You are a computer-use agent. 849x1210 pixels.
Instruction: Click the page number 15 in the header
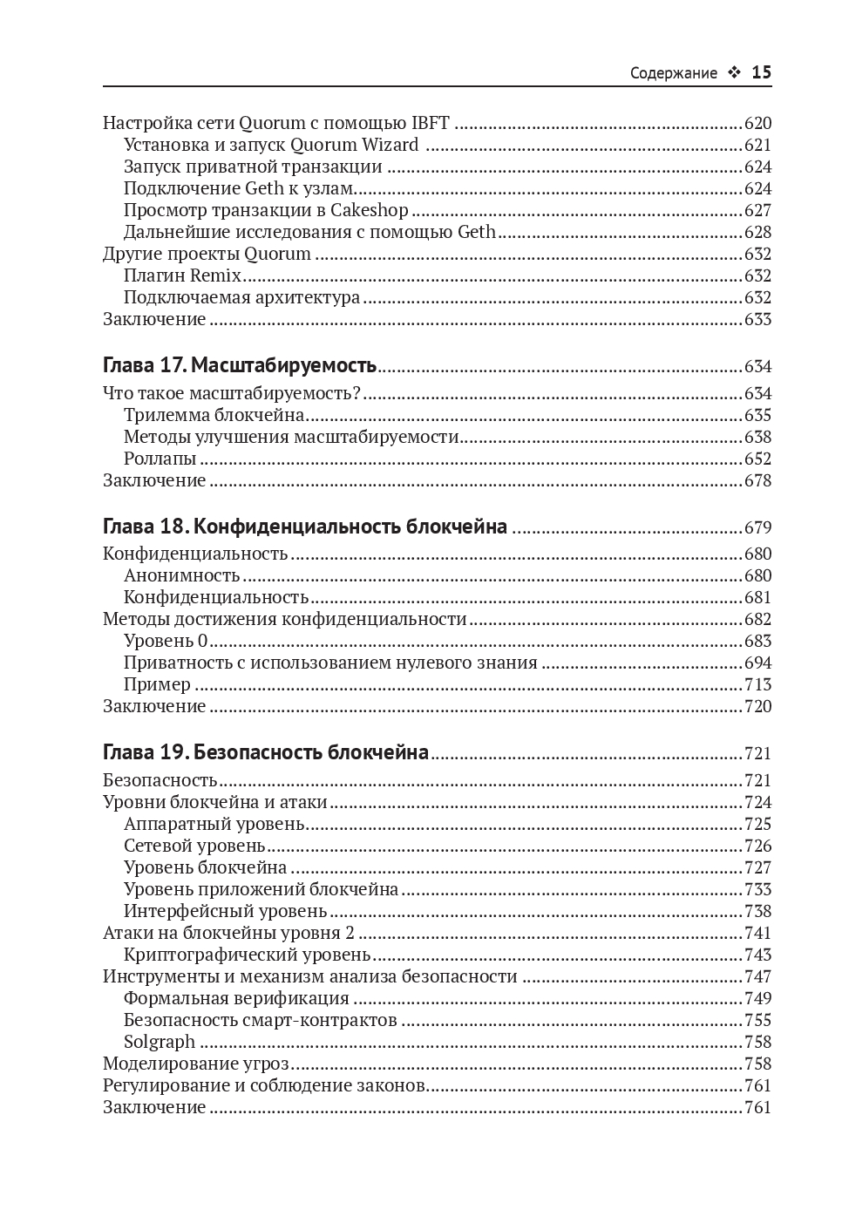761,72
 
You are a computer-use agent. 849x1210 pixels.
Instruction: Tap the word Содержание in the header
673,73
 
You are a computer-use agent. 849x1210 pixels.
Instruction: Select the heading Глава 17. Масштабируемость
240,365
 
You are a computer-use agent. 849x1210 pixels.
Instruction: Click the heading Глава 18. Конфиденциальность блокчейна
305,527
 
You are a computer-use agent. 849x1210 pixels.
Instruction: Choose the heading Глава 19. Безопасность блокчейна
266,752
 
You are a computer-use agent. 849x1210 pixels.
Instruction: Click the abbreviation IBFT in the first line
430,123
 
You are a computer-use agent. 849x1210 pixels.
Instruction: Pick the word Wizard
390,145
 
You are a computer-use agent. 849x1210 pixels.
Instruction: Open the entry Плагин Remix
182,275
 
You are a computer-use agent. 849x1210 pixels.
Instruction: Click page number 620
757,123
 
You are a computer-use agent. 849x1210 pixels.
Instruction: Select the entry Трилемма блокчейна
214,415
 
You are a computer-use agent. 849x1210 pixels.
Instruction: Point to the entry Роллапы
160,459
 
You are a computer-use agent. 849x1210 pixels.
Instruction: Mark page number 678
757,480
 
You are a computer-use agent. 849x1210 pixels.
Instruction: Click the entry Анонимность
181,575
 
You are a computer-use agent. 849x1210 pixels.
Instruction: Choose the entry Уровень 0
166,641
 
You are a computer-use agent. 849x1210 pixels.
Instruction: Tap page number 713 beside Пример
757,684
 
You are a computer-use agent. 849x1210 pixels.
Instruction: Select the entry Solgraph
160,1042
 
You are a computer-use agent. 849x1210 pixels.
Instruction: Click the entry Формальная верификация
236,998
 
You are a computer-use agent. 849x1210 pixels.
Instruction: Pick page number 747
757,976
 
